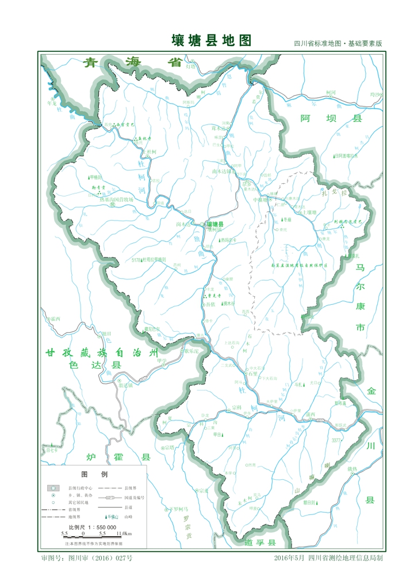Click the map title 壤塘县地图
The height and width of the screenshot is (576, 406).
[x=212, y=40]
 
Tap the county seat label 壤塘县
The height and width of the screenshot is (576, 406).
[x=215, y=224]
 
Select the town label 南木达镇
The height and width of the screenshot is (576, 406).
[x=221, y=171]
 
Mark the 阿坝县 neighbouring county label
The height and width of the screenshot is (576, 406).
[x=332, y=119]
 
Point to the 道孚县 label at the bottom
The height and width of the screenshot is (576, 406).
[x=260, y=543]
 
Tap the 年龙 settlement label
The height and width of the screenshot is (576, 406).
[x=52, y=104]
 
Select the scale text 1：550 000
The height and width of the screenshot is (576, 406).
[x=92, y=527]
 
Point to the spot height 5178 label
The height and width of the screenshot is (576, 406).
[x=136, y=260]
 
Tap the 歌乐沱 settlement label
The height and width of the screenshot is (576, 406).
[x=191, y=350]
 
